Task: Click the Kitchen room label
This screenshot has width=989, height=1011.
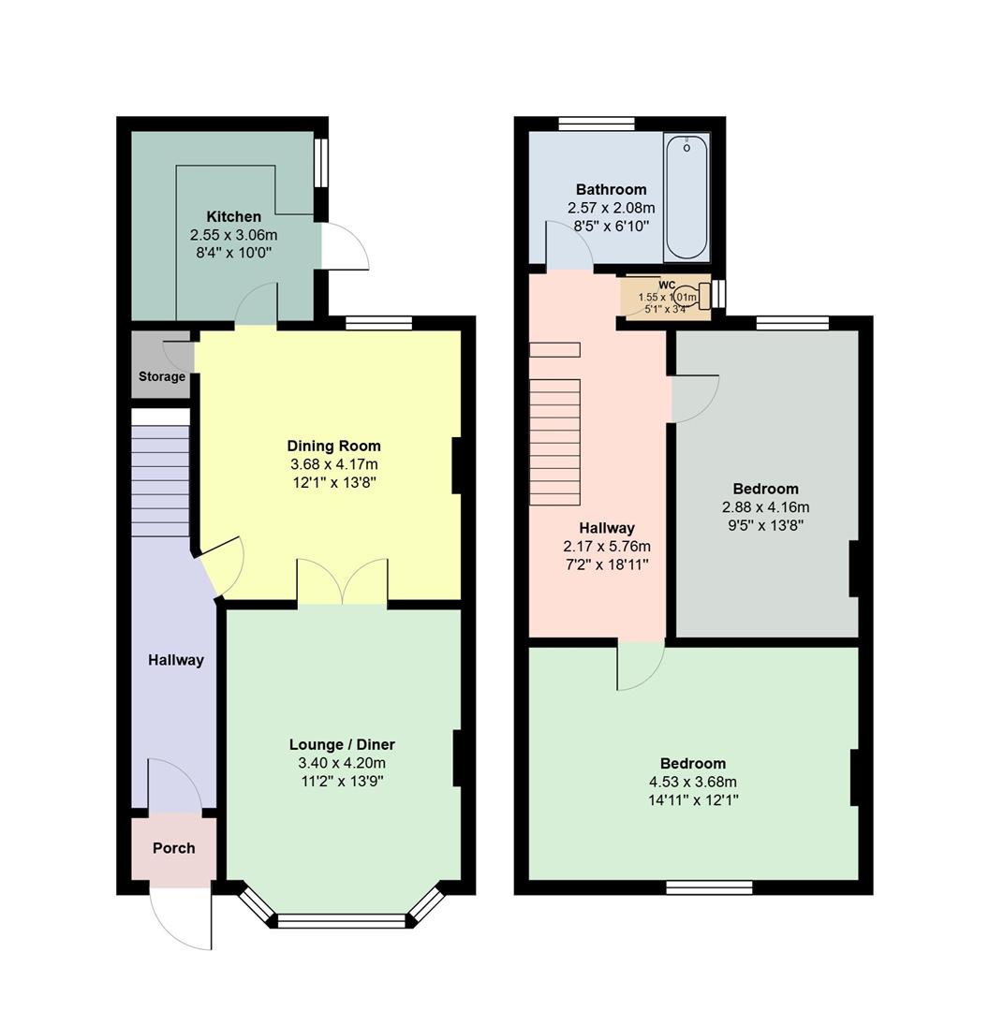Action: [233, 216]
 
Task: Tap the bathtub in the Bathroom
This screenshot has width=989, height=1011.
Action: [686, 197]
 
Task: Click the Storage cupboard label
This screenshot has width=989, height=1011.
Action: [162, 376]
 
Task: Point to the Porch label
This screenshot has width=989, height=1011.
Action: [174, 848]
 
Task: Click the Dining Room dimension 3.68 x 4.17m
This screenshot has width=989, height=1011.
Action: [333, 464]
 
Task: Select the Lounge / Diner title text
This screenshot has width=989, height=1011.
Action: [342, 745]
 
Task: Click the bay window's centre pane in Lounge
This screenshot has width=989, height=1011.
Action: [343, 920]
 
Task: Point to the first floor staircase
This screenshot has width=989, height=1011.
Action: [555, 440]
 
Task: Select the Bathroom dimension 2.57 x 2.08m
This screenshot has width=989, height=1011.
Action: [611, 208]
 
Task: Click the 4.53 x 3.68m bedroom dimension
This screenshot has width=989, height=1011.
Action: [693, 783]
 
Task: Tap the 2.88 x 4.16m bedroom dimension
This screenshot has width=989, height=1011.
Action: [765, 507]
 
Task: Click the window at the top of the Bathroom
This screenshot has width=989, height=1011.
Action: [597, 124]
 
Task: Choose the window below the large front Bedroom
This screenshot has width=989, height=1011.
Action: [709, 886]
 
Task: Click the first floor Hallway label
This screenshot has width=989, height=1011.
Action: [607, 528]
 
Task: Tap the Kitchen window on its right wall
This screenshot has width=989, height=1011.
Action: [320, 165]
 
